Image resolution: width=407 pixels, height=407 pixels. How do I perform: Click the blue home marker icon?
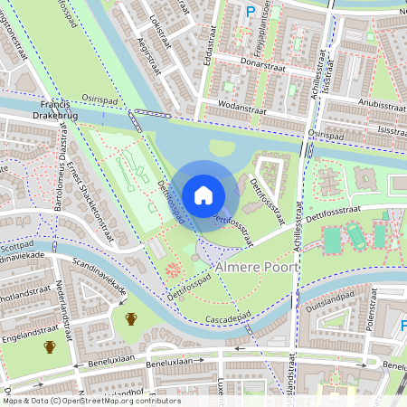pyautogui.click(x=203, y=195)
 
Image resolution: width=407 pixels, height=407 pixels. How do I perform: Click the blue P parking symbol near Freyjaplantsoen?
pyautogui.click(x=251, y=12)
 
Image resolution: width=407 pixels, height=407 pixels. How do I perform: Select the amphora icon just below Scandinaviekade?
pyautogui.click(x=131, y=318)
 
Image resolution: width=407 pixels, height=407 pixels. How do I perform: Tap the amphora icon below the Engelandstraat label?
pyautogui.click(x=50, y=346)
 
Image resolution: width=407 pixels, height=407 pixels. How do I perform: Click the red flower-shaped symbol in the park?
pyautogui.click(x=171, y=270)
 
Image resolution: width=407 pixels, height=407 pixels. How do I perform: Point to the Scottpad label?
pyautogui.click(x=16, y=244)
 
